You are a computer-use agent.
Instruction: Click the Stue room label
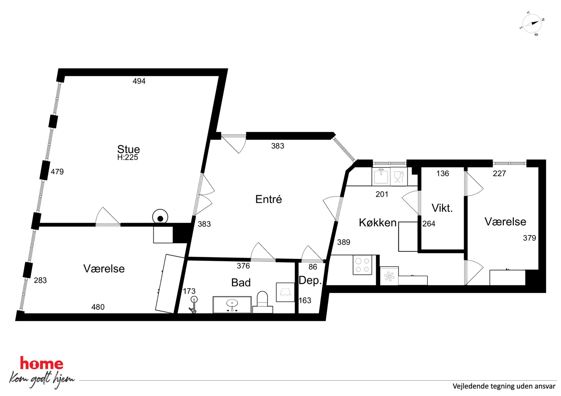tap(128, 149)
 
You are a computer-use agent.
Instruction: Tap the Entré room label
tap(268, 199)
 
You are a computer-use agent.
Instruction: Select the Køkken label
tap(377, 223)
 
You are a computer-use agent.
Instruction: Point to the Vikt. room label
tap(442, 208)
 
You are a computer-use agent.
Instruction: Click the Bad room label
tap(241, 283)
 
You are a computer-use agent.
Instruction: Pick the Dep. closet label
tap(310, 280)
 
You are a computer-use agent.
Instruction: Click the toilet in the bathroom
tap(262, 302)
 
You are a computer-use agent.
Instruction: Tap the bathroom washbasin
tap(232, 305)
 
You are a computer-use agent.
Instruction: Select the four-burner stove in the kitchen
tap(362, 265)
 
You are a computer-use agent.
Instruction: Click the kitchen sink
tap(381, 177)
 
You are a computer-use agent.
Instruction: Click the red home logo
tap(42, 363)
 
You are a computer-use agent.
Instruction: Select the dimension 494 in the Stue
tap(139, 81)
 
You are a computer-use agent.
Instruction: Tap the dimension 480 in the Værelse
tap(98, 307)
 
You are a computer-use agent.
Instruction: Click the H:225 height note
tap(128, 157)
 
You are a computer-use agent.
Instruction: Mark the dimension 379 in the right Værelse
tap(529, 238)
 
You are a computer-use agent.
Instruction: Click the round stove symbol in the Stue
tap(160, 217)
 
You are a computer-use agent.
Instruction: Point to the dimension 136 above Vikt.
tap(443, 174)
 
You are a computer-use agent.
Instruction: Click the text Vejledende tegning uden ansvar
tap(504, 386)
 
